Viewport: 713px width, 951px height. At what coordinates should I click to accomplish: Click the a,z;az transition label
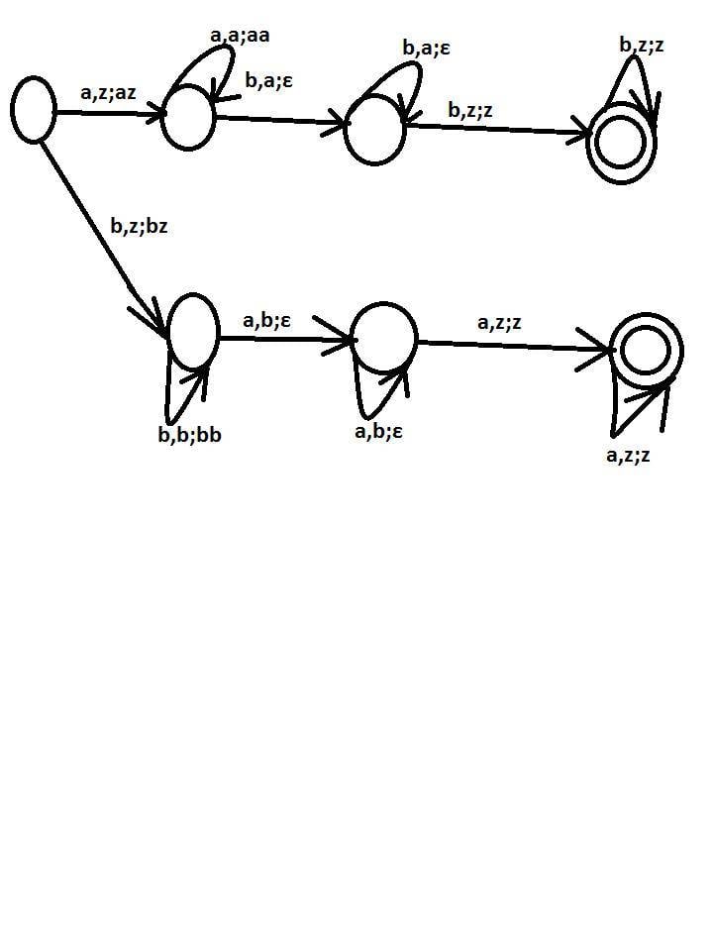[108, 93]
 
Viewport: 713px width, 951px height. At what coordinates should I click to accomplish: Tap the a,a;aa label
[240, 36]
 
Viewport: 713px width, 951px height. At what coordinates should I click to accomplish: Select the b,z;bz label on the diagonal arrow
[139, 226]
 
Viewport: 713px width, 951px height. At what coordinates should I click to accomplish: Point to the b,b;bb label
[190, 434]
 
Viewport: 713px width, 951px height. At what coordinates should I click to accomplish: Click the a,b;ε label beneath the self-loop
[378, 431]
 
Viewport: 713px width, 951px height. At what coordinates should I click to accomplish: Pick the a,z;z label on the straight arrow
[499, 322]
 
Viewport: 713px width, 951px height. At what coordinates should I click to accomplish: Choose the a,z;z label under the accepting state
[628, 455]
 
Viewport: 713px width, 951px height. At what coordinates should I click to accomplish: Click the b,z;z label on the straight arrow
[469, 110]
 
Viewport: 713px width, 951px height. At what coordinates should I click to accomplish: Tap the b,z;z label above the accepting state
[642, 45]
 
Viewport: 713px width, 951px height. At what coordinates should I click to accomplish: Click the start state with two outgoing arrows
[34, 110]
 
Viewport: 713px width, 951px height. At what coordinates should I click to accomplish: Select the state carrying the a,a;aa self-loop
[188, 117]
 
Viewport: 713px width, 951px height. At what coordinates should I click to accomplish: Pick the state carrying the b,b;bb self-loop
[194, 331]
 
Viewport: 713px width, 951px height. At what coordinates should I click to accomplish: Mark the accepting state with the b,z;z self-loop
[621, 143]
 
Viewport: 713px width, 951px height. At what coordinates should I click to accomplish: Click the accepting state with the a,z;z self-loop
[647, 351]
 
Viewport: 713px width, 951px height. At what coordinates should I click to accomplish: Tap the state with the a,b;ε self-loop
[384, 337]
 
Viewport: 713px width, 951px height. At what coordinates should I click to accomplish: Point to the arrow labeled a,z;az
[110, 113]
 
